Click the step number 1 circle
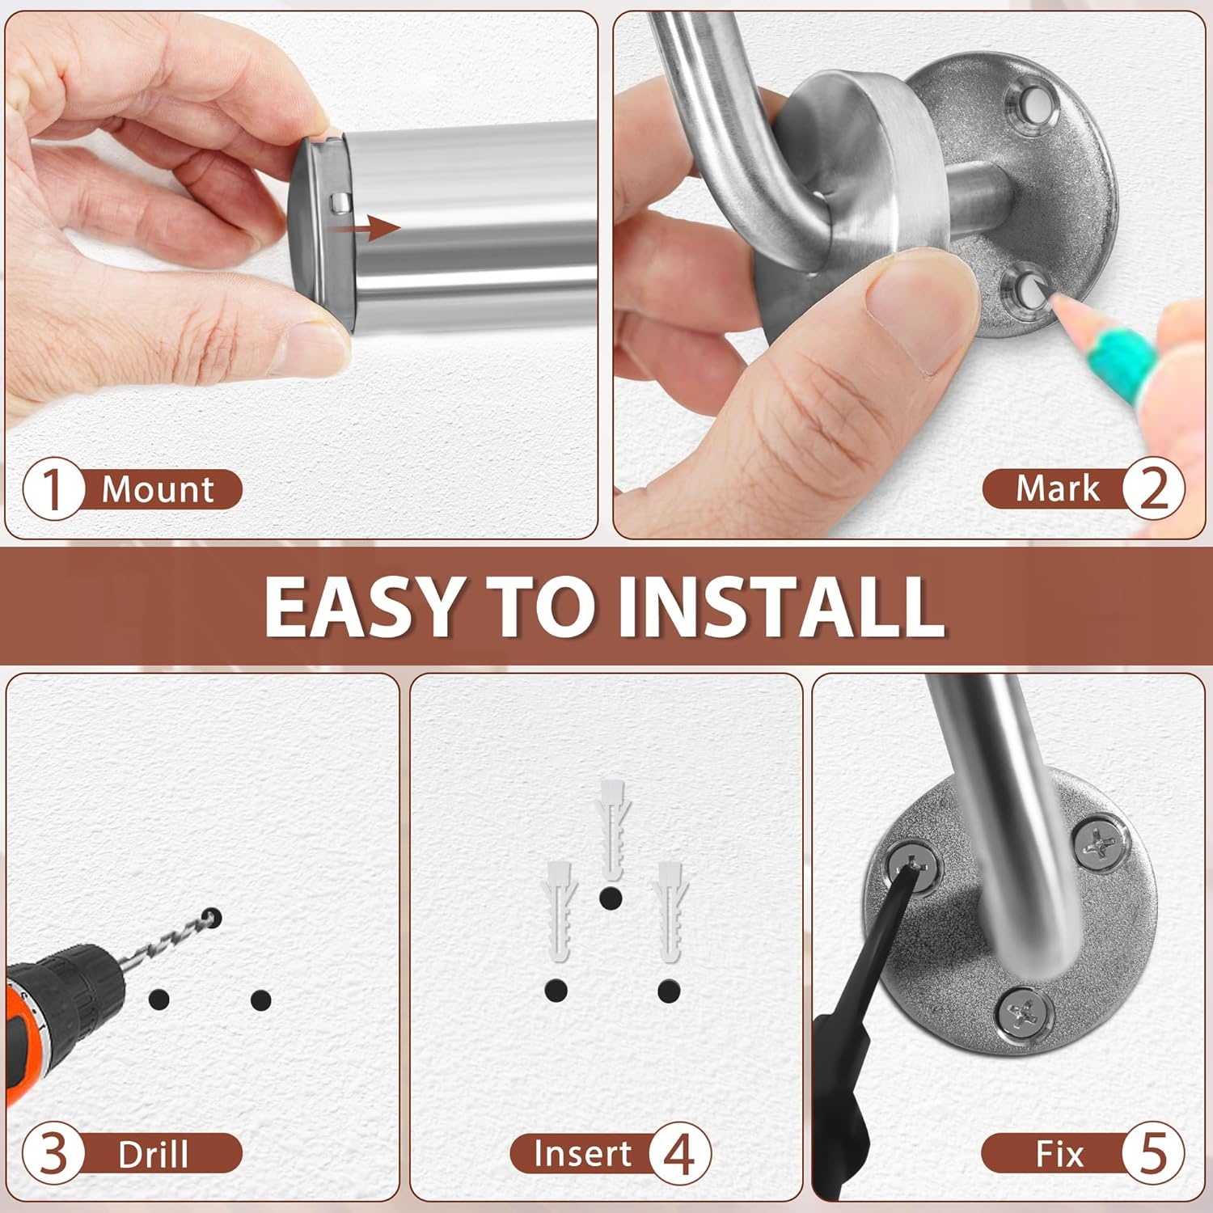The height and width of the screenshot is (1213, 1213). click(x=53, y=489)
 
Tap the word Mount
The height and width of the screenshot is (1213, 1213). click(x=158, y=489)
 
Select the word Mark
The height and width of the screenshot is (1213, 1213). click(x=1058, y=488)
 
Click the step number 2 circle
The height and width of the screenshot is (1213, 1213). click(x=1154, y=489)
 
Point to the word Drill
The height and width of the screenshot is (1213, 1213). click(x=153, y=1154)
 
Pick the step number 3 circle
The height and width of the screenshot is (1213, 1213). click(x=53, y=1153)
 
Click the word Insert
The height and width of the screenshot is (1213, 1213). click(x=582, y=1153)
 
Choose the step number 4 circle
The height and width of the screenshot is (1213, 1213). click(x=680, y=1154)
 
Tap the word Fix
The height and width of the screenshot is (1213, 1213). click(x=1059, y=1154)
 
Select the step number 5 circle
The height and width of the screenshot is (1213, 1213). click(x=1154, y=1153)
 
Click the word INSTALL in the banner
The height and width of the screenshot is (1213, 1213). click(x=782, y=606)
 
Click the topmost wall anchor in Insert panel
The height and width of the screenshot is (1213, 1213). click(x=611, y=829)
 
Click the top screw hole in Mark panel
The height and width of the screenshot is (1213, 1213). click(x=1031, y=103)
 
